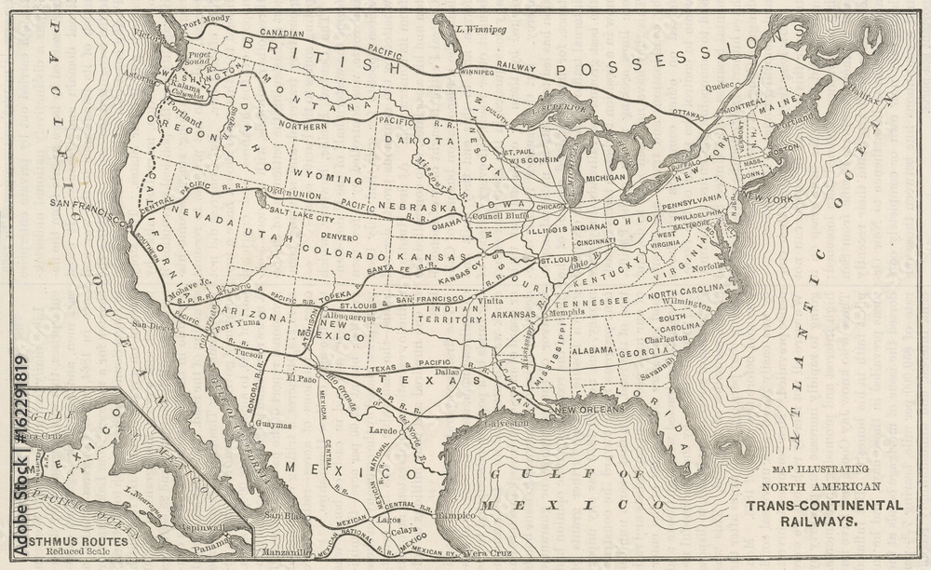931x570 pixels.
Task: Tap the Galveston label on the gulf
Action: coord(502,423)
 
